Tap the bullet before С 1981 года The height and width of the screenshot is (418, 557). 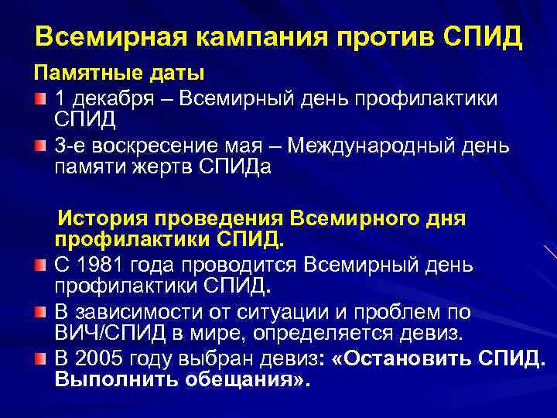tap(40, 265)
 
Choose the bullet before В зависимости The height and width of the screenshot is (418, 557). tap(40, 313)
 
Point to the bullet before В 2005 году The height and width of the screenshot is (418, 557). tap(40, 360)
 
